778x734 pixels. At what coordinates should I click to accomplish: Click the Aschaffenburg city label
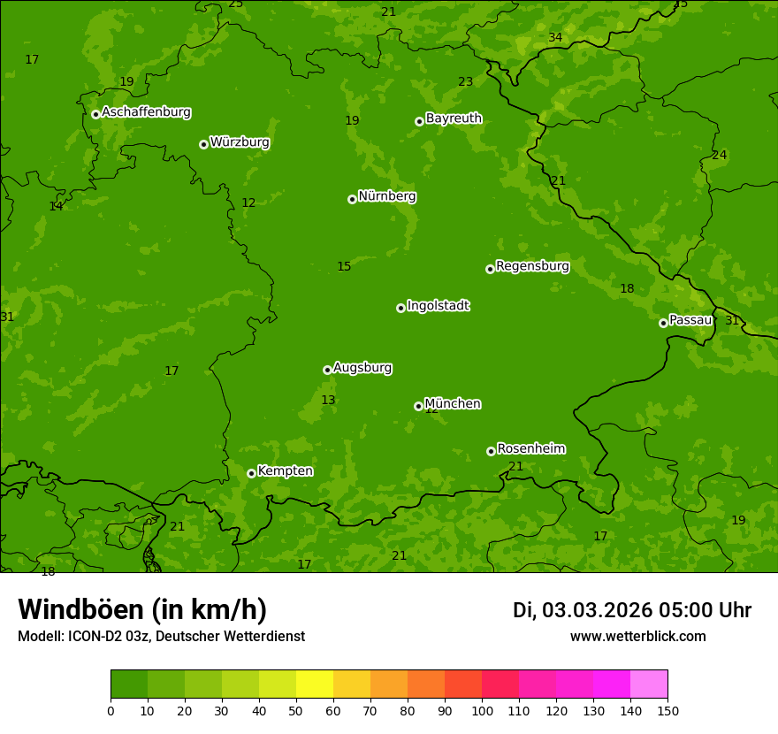[146, 112]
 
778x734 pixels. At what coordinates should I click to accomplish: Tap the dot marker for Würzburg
[203, 144]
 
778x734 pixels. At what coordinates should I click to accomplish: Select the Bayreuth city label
[454, 119]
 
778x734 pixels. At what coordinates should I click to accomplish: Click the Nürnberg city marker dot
[352, 199]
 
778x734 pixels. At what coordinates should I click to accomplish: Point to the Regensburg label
[532, 266]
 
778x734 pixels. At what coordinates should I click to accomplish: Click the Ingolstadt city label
[438, 306]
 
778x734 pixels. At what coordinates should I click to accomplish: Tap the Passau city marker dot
[663, 323]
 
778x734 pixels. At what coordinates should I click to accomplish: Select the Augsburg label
[362, 368]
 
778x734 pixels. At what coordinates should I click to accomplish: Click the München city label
[453, 404]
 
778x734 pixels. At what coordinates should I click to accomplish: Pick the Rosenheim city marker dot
[491, 451]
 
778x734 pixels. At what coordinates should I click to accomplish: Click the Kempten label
[285, 471]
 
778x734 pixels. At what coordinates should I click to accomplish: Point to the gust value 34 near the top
[555, 38]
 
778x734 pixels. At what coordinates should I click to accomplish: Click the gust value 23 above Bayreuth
[465, 82]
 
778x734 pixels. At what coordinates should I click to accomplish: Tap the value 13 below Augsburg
[328, 401]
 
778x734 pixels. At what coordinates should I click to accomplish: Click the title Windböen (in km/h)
[141, 609]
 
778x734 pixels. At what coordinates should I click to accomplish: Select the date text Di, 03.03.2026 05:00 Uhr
[631, 610]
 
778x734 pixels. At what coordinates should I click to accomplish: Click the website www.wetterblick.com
[637, 636]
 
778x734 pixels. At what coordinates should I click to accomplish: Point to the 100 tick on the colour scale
[482, 710]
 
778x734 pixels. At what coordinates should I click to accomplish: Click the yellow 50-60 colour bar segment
[315, 684]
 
